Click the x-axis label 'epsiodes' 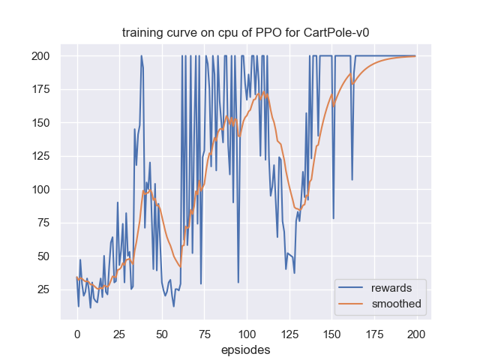pyautogui.click(x=246, y=349)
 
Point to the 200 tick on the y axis pyautogui.click(x=40, y=56)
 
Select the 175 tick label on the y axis pyautogui.click(x=40, y=90)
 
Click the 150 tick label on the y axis pyautogui.click(x=40, y=123)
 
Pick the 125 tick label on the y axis pyautogui.click(x=40, y=157)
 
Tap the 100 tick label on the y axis pyautogui.click(x=40, y=190)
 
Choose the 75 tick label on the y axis pyautogui.click(x=43, y=223)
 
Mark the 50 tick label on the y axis pyautogui.click(x=43, y=256)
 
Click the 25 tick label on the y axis pyautogui.click(x=43, y=289)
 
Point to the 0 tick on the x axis pyautogui.click(x=76, y=332)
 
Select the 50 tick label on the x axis pyautogui.click(x=162, y=332)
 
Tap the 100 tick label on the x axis pyautogui.click(x=247, y=332)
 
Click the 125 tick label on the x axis pyautogui.click(x=289, y=332)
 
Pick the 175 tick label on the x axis pyautogui.click(x=374, y=332)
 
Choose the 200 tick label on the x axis pyautogui.click(x=416, y=332)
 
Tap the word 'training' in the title pyautogui.click(x=143, y=33)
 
